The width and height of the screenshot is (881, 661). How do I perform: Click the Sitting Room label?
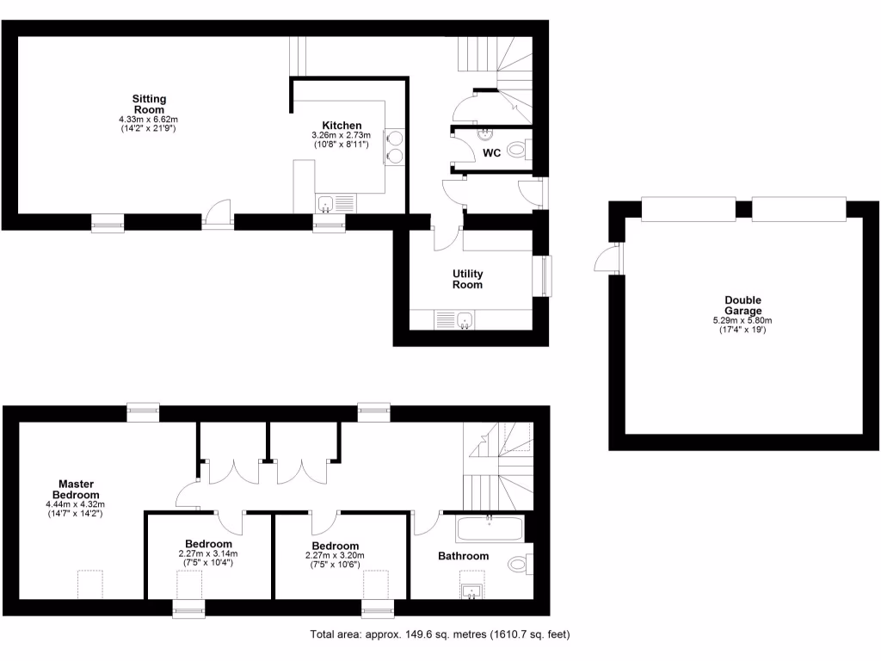coord(149,104)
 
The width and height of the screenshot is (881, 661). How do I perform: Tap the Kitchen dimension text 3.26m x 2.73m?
coord(341,135)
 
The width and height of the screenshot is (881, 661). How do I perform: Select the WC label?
coord(492,152)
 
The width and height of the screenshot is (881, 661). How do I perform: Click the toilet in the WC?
coord(517,151)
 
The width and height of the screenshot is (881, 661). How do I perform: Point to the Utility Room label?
coord(468,279)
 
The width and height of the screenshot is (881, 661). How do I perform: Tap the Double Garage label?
coord(743,306)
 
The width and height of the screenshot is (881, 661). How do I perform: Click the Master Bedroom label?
coord(76,489)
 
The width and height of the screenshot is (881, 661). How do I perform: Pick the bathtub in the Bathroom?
coord(490,528)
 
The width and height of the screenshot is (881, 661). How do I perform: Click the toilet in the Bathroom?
coord(519,565)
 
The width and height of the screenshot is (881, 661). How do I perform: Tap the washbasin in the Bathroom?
coord(470,592)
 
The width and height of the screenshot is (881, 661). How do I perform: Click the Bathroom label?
coord(463,556)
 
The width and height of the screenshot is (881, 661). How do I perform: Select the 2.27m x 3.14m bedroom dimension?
coord(207,553)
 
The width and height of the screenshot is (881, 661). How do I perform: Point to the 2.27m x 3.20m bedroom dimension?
coord(335,555)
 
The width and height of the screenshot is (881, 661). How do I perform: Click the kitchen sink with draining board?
coord(336,203)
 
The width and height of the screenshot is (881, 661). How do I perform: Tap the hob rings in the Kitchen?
coord(397,145)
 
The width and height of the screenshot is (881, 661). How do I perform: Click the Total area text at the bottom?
coord(440,635)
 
